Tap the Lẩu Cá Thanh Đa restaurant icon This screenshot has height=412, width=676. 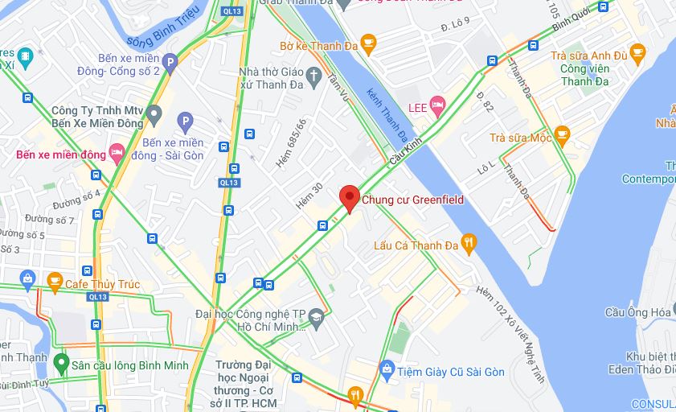469,241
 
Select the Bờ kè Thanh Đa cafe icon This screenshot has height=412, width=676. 368,45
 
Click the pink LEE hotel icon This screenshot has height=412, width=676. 437,105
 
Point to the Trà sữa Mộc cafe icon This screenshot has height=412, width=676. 562,135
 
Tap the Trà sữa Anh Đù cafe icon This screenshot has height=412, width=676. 637,54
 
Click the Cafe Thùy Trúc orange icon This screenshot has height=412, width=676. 55,282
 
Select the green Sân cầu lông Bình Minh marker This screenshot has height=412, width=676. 61,363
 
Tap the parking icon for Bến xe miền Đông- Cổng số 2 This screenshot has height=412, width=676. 170,62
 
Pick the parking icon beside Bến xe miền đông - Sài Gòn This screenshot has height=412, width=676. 185,122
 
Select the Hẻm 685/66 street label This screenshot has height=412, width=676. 291,144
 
